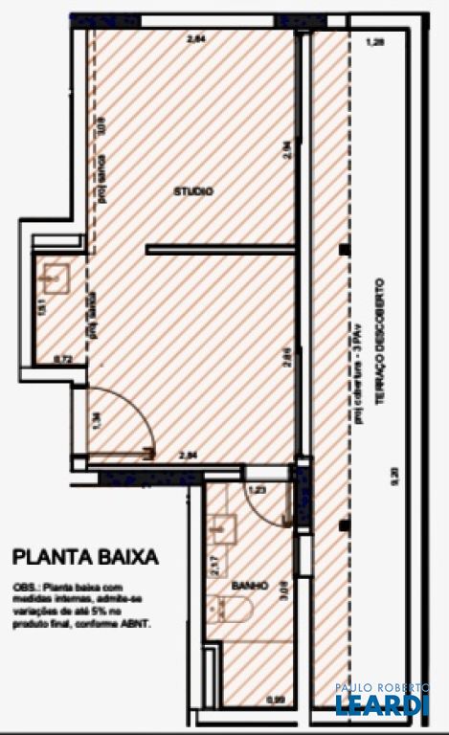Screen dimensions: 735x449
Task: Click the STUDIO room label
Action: (x=193, y=191)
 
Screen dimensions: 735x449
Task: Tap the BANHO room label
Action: (x=248, y=585)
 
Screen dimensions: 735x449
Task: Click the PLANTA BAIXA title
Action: (x=84, y=556)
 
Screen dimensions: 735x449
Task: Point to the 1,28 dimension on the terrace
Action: (x=374, y=42)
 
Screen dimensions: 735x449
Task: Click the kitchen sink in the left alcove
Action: (x=55, y=278)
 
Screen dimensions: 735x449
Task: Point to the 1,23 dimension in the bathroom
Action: (x=256, y=490)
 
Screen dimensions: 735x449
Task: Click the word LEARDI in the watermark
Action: (x=381, y=705)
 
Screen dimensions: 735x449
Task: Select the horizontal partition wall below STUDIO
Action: (x=221, y=250)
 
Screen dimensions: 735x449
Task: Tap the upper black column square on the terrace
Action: (x=343, y=250)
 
